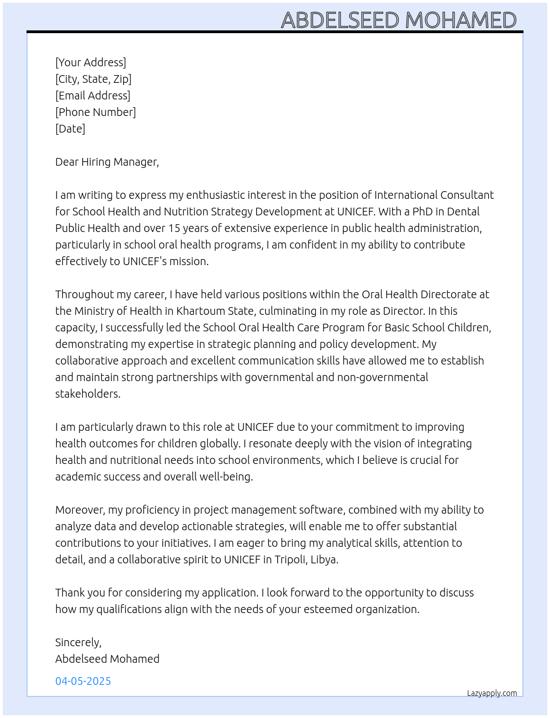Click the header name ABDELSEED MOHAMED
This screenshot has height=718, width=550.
tap(399, 20)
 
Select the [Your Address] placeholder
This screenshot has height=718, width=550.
tap(91, 62)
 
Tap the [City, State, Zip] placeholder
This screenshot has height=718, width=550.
tap(93, 79)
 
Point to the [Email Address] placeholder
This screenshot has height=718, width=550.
tap(93, 96)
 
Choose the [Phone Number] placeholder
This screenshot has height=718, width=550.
tap(96, 112)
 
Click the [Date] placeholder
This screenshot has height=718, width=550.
tap(70, 129)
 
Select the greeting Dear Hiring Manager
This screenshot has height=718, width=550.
tap(107, 162)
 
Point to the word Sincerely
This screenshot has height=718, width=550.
tap(78, 642)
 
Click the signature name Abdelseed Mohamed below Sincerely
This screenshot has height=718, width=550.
tap(107, 659)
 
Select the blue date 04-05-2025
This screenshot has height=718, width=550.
tap(83, 681)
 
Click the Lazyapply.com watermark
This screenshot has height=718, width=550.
tap(492, 693)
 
